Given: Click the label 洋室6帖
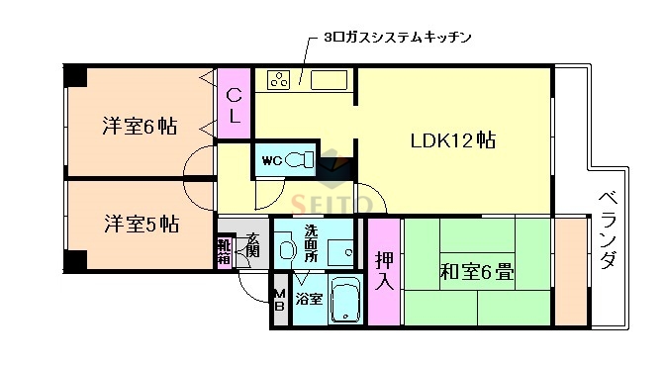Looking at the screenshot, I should click(x=140, y=127).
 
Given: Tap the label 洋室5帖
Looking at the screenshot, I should click(x=140, y=224).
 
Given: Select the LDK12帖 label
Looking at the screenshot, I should click(x=453, y=139).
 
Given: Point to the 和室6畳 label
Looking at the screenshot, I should click(x=476, y=270).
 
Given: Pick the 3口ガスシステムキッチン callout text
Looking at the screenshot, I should click(x=396, y=38).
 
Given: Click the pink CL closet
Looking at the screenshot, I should click(x=234, y=105).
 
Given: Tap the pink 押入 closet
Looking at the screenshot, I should click(x=384, y=270).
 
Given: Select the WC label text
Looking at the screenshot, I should click(x=272, y=160).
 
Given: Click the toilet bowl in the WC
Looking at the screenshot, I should click(x=304, y=160).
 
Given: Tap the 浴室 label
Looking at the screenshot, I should click(x=309, y=299).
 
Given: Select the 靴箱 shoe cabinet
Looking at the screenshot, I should click(x=226, y=251).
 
